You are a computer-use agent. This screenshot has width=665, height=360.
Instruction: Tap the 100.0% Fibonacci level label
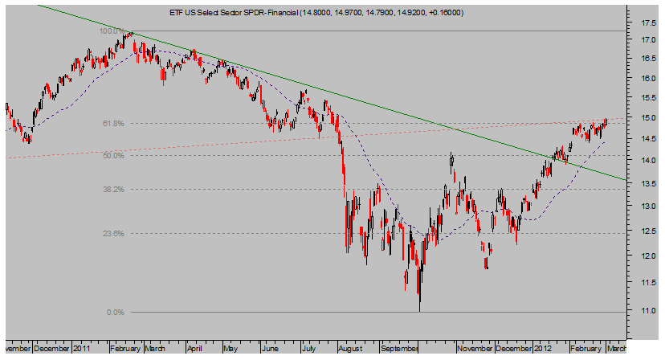[x=112, y=31]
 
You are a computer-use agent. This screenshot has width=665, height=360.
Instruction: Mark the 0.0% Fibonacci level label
[x=116, y=312]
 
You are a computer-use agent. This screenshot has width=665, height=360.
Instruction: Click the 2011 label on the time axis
[x=80, y=350]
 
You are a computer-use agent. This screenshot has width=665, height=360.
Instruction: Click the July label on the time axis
[x=308, y=350]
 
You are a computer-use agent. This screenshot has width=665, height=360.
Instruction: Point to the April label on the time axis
[x=194, y=350]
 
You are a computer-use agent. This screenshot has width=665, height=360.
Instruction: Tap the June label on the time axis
[x=271, y=350]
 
